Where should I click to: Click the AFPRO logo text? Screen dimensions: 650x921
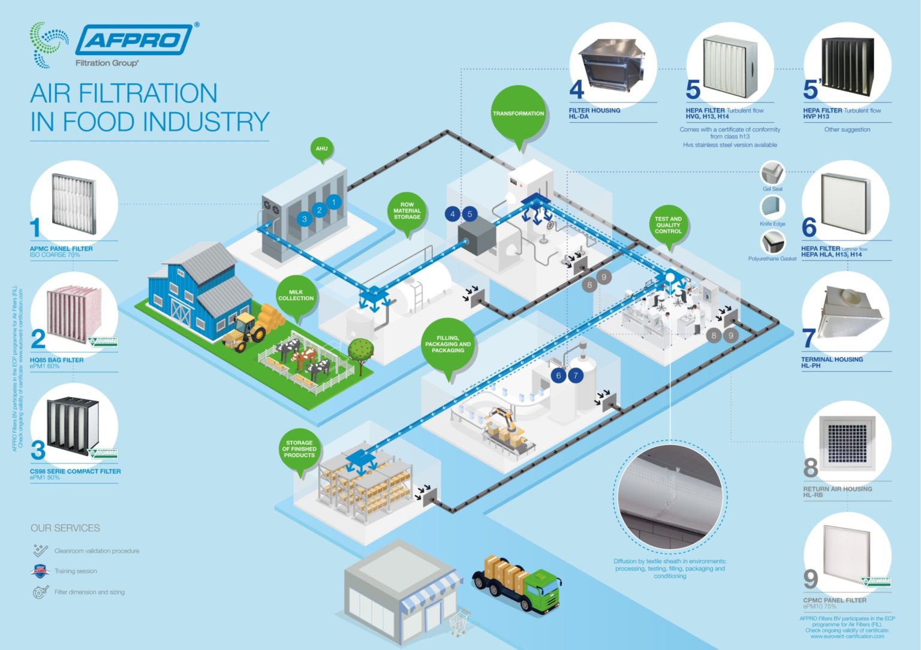click(x=133, y=40)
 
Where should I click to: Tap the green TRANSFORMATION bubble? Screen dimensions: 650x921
click(x=519, y=114)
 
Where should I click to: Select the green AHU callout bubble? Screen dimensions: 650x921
click(x=322, y=149)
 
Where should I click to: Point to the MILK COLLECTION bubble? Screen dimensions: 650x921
click(x=296, y=295)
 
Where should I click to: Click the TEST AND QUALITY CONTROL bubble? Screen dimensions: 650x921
click(x=668, y=225)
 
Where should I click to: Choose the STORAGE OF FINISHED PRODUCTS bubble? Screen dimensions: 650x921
click(x=299, y=449)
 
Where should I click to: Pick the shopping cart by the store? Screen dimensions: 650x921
click(x=459, y=622)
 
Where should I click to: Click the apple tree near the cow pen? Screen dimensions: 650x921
click(x=360, y=350)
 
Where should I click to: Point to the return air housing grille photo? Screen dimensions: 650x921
click(x=847, y=442)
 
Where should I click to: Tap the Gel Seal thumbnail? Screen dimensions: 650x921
click(x=772, y=173)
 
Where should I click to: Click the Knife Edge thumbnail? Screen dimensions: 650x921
click(x=772, y=208)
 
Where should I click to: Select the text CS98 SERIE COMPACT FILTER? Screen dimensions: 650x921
click(x=76, y=471)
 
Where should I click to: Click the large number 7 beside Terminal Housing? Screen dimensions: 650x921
click(x=809, y=338)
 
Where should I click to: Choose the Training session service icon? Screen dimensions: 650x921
click(x=40, y=571)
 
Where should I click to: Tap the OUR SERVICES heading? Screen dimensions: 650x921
click(x=65, y=528)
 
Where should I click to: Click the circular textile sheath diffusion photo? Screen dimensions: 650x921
click(x=670, y=491)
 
